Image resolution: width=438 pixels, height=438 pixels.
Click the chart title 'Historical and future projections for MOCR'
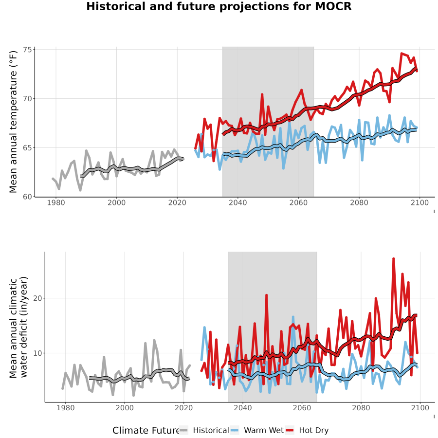[x=219, y=6]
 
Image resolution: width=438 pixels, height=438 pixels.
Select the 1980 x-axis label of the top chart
[x=56, y=203]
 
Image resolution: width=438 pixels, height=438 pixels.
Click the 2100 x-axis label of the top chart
[x=420, y=203]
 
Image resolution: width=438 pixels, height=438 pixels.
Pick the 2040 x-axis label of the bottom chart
[x=243, y=408]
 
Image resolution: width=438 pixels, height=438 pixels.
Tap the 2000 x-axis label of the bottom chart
[x=125, y=408]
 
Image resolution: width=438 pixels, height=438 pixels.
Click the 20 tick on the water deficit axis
[x=37, y=298]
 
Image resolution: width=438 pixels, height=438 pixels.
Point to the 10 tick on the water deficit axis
[x=37, y=353]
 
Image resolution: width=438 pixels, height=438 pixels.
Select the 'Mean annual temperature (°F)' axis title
[x=13, y=122]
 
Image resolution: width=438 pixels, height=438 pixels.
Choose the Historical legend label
[x=211, y=431]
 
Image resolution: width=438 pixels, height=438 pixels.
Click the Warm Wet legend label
[x=264, y=431]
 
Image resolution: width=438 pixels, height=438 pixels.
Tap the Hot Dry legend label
[x=314, y=431]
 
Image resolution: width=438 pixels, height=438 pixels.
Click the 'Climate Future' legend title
[x=146, y=431]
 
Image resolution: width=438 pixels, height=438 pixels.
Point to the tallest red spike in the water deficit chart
[x=393, y=259]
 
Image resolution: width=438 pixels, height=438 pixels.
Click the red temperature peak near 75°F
[x=401, y=54]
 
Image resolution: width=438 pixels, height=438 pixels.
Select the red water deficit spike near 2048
[x=267, y=295]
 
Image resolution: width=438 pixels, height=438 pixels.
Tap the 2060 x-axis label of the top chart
[x=298, y=203]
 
